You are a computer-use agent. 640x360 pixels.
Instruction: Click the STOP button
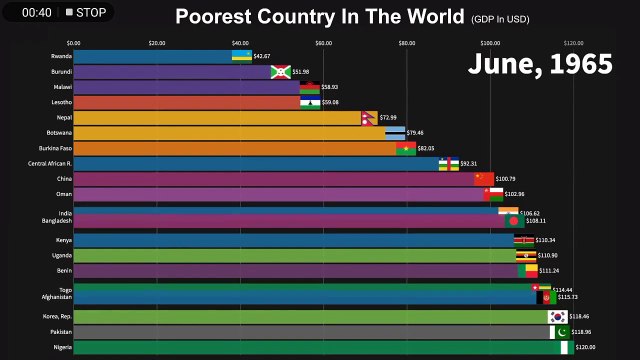[86, 13]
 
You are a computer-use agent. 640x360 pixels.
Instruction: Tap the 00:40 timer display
[36, 13]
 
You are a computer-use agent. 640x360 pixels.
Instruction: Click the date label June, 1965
[540, 64]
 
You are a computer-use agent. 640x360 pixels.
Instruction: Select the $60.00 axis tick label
[323, 43]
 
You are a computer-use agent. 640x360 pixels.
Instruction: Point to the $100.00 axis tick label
[490, 43]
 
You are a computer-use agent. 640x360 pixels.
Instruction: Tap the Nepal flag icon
[370, 118]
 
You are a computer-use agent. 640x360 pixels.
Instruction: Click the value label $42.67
[262, 57]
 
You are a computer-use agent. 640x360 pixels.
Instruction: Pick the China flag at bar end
[484, 179]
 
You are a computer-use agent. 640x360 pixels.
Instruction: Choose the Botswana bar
[230, 133]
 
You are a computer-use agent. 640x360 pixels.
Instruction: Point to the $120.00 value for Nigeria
[585, 347]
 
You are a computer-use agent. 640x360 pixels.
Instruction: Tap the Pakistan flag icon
[560, 332]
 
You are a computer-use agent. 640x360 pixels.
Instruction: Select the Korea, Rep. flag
[558, 317]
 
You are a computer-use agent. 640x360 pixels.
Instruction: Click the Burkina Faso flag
[405, 148]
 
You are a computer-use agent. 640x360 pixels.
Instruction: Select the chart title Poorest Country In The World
[320, 16]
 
